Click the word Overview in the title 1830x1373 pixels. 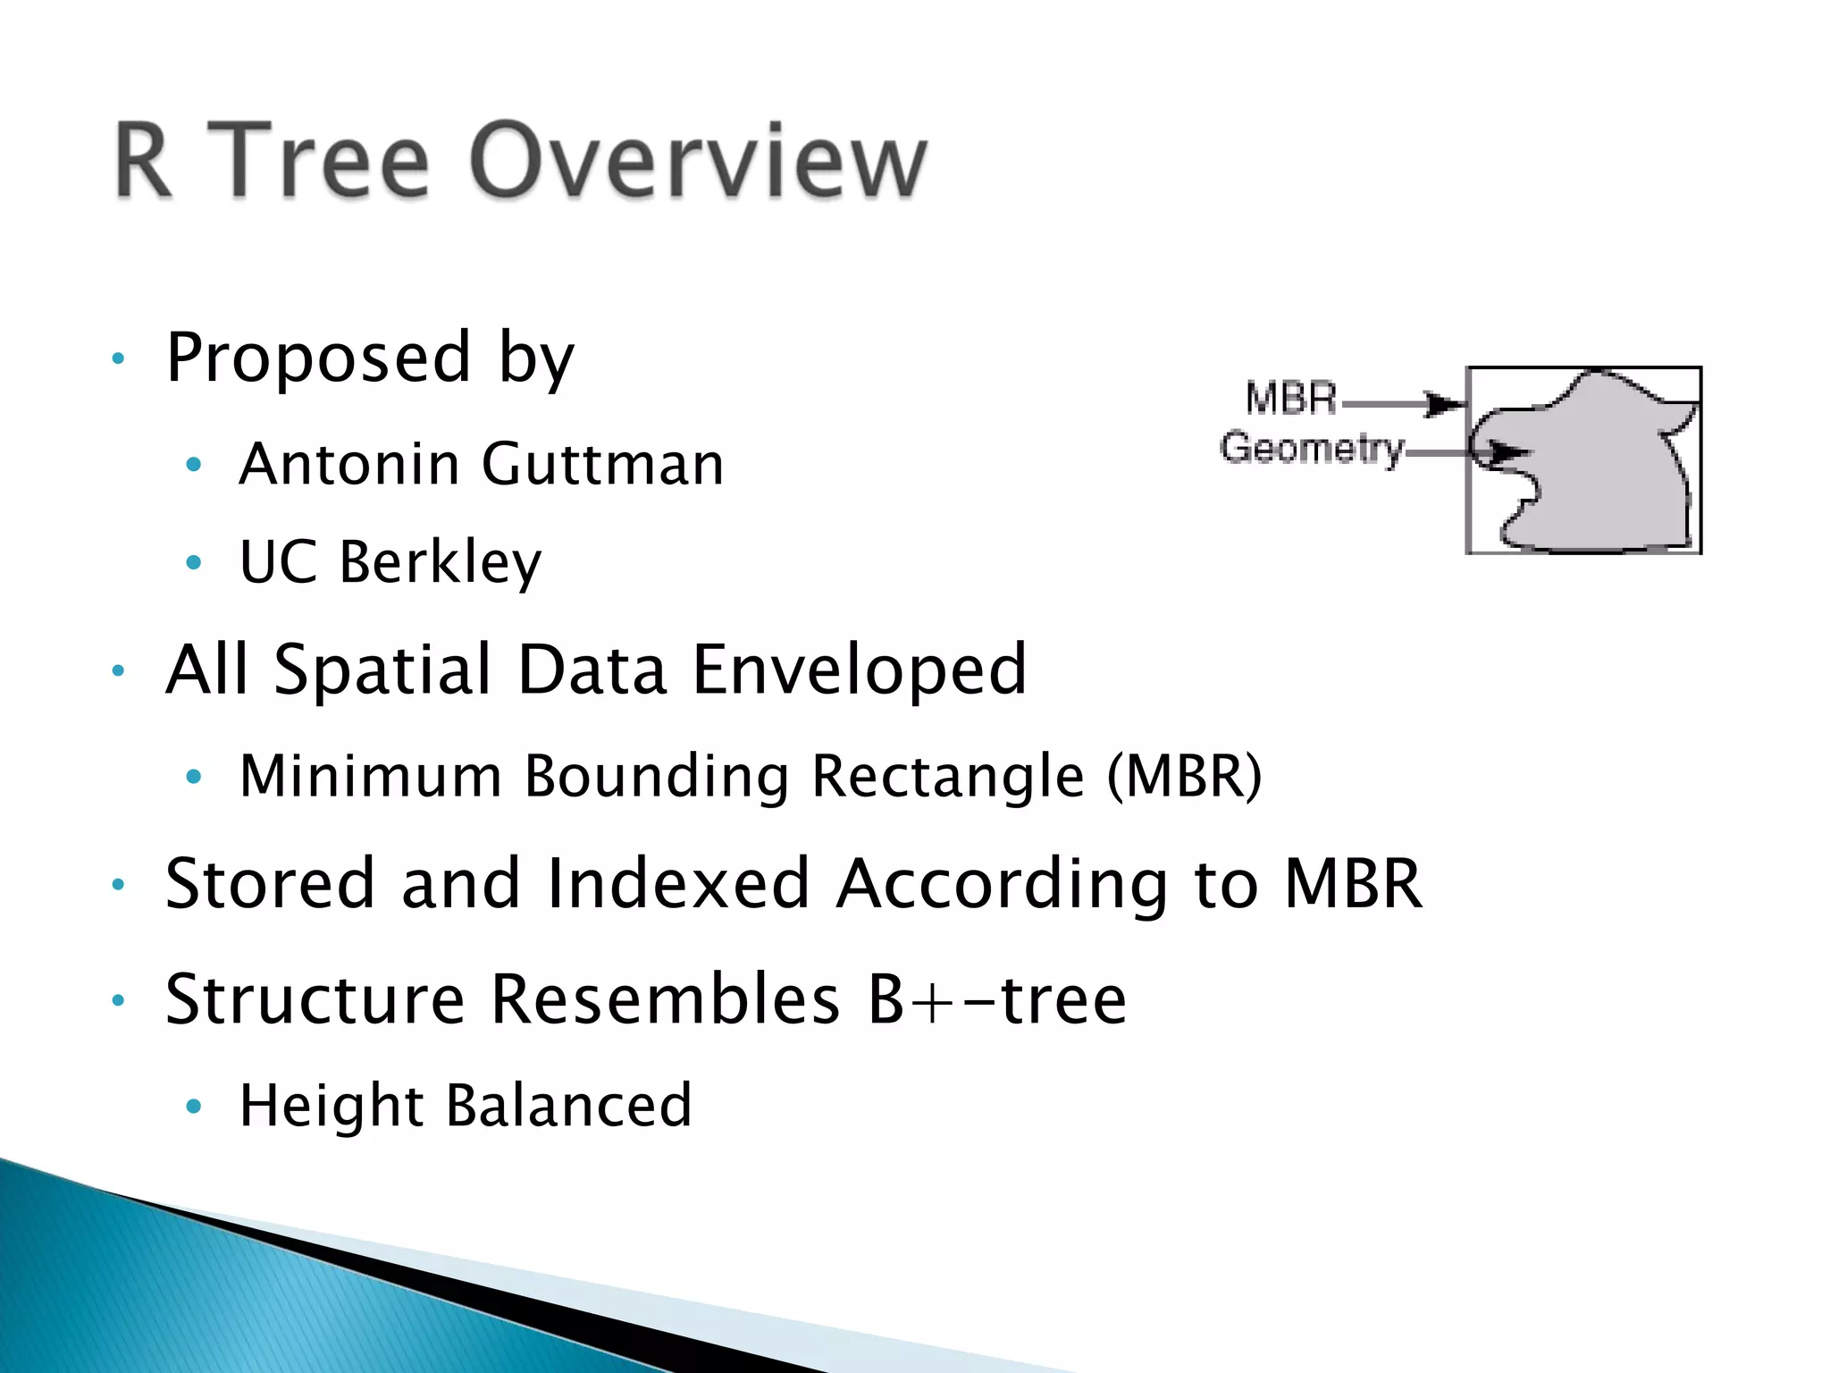699,161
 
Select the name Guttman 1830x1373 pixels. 602,465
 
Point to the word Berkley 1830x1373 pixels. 440,563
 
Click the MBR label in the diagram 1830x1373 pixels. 1290,399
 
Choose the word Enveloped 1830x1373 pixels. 860,670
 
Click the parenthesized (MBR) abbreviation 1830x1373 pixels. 1184,776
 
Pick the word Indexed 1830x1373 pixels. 677,885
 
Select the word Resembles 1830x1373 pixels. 666,999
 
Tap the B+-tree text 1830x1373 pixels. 997,999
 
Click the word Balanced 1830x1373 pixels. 568,1107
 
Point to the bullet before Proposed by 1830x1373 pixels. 118,359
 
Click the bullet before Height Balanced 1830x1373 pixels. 194,1108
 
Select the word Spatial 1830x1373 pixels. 382,670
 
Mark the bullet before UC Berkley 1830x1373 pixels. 194,563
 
